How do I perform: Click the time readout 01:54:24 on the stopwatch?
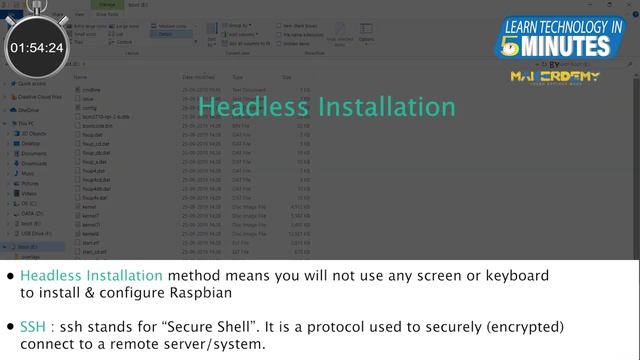coord(37,47)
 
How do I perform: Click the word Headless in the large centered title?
coord(254,105)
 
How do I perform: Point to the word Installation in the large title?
coord(379,105)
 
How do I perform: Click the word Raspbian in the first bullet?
coord(200,294)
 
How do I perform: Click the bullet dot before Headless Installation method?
coord(10,275)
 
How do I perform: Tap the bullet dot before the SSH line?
coord(10,327)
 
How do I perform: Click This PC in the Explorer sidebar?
coord(29,123)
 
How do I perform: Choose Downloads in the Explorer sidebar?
coord(34,163)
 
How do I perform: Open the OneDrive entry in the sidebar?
coord(28,110)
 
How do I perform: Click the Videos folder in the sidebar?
coord(30,193)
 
